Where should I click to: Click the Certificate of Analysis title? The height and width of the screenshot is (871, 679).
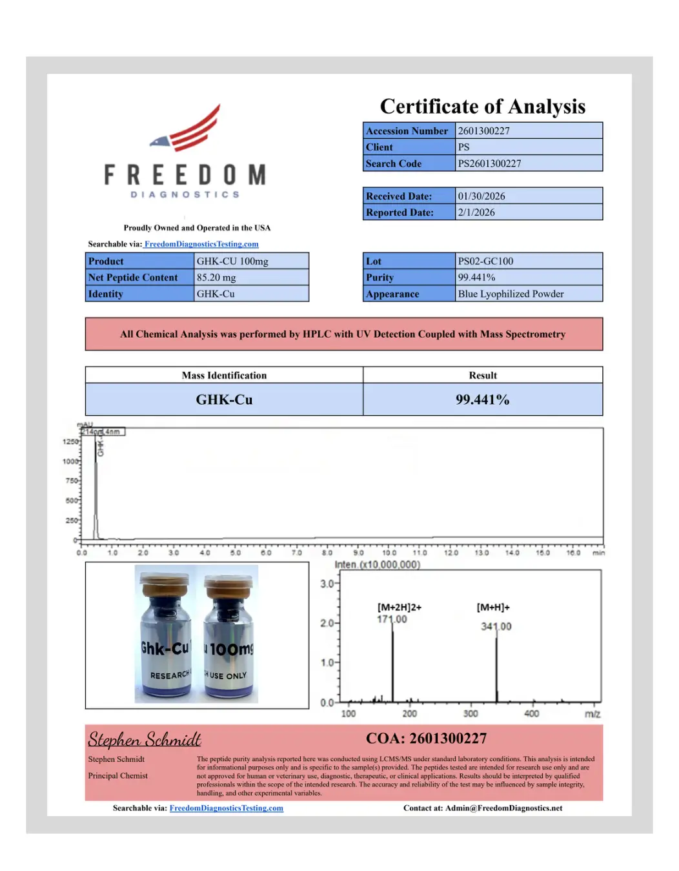(482, 106)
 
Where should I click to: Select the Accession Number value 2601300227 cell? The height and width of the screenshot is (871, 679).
(529, 131)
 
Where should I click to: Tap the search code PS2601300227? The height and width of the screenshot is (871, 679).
(489, 163)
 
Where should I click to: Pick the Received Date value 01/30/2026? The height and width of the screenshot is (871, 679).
(481, 196)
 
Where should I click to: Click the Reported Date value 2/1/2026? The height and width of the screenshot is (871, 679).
(476, 212)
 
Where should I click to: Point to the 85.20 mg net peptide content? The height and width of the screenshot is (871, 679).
(216, 278)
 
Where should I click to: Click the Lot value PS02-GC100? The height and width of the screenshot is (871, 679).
(485, 261)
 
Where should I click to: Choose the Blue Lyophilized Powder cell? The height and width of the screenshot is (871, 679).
(511, 294)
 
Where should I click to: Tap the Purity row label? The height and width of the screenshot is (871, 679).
(380, 278)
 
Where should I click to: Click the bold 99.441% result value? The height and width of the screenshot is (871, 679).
(482, 400)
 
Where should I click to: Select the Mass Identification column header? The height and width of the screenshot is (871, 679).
(224, 375)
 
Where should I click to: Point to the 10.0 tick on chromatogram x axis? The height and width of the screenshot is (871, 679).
(389, 553)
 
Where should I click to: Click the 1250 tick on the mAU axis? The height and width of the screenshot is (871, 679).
(70, 442)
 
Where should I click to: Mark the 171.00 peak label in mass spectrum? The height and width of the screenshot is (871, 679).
(392, 619)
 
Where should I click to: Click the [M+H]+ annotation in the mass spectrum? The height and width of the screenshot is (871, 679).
(493, 607)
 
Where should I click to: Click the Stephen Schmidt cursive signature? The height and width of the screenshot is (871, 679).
(145, 739)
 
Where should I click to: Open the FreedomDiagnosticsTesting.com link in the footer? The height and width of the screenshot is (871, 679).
(226, 808)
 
